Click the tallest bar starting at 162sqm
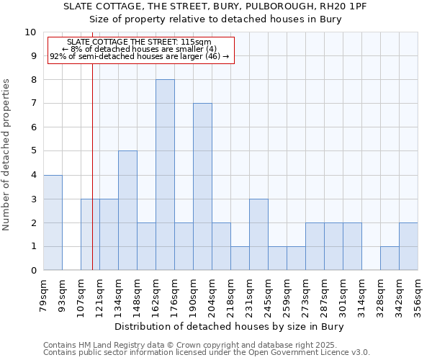pyautogui.click(x=165, y=175)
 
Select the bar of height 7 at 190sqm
pyautogui.click(x=202, y=186)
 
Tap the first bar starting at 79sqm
pyautogui.click(x=53, y=222)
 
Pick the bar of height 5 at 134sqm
pyautogui.click(x=127, y=210)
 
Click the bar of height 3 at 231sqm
pyautogui.click(x=258, y=234)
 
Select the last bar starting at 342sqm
pyautogui.click(x=408, y=246)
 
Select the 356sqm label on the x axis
pyautogui.click(x=418, y=293)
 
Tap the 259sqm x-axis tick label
pyautogui.click(x=287, y=293)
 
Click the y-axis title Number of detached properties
pyautogui.click(x=7, y=156)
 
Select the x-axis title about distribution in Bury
pyautogui.click(x=230, y=327)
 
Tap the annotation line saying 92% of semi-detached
pyautogui.click(x=140, y=55)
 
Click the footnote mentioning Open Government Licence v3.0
pyautogui.click(x=207, y=353)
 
